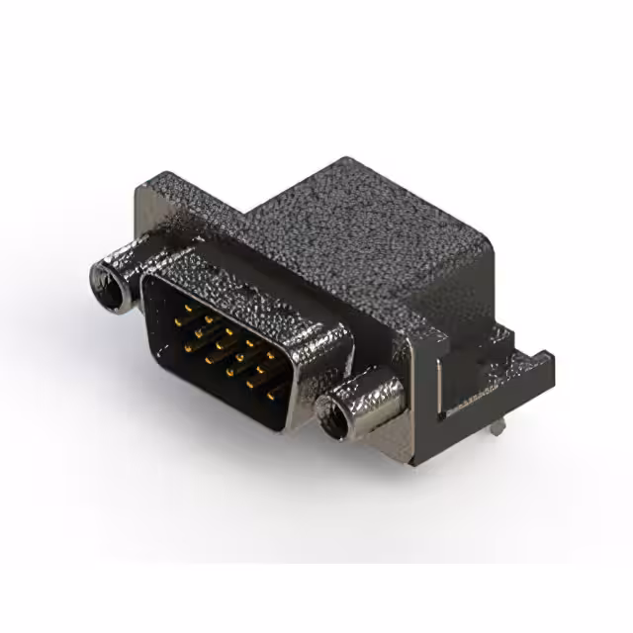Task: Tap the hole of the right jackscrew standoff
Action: click(x=331, y=414)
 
